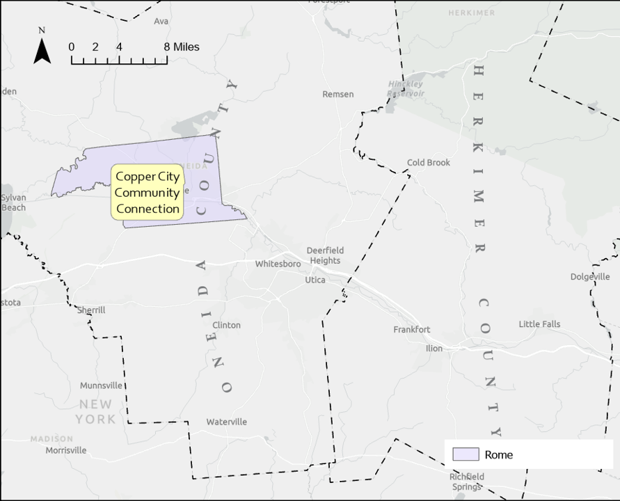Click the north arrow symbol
point(42,51)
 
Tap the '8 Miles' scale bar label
point(182,47)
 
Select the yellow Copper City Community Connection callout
point(148,193)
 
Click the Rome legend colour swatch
point(466,454)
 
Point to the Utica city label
point(315,280)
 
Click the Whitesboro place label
point(278,264)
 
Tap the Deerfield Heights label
point(325,255)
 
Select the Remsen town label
point(338,94)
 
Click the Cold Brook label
point(429,163)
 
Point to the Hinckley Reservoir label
point(405,88)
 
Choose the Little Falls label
point(539,324)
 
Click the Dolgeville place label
point(590,277)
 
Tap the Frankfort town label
point(412,330)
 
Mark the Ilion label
point(434,349)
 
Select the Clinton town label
point(226,325)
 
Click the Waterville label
point(226,422)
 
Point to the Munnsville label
point(101,385)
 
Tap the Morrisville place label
point(66,450)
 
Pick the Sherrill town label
point(91,310)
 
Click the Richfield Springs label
point(466,482)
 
